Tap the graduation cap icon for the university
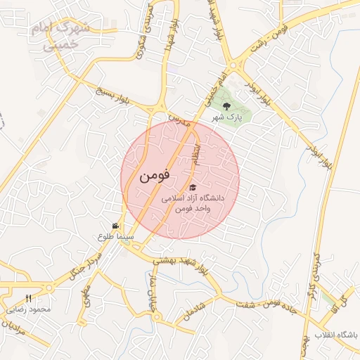(193, 188)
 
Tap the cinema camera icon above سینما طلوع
(115, 226)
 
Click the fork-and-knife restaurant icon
(29, 298)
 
